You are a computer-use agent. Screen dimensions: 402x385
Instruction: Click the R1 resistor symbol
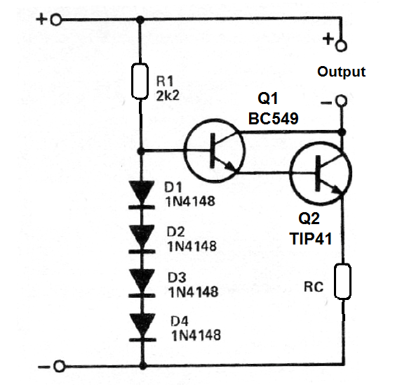click(x=140, y=81)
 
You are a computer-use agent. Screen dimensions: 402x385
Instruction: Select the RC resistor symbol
click(x=342, y=281)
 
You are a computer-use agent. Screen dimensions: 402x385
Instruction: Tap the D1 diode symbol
click(x=142, y=195)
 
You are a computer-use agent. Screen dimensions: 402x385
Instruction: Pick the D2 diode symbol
click(x=142, y=239)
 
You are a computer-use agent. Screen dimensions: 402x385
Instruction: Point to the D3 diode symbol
click(x=142, y=283)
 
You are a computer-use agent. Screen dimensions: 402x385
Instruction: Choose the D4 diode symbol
click(x=142, y=327)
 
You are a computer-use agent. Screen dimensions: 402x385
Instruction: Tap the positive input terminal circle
click(x=56, y=20)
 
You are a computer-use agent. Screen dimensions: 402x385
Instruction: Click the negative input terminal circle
click(x=59, y=366)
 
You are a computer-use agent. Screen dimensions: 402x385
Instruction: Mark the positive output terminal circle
click(x=341, y=46)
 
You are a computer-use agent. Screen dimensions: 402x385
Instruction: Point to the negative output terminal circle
click(x=342, y=100)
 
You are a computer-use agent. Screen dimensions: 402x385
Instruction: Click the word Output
click(x=341, y=72)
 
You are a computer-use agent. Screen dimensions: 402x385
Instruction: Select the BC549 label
click(x=274, y=118)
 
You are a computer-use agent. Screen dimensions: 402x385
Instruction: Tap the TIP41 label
click(x=311, y=238)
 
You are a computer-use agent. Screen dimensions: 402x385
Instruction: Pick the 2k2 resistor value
click(x=168, y=96)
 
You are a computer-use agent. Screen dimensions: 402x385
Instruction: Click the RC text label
click(x=314, y=287)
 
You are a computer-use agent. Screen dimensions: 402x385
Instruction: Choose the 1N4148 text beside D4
click(x=196, y=335)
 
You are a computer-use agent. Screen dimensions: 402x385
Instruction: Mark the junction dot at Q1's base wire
click(x=140, y=151)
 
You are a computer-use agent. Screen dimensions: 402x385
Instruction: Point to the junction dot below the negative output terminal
click(x=342, y=132)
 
